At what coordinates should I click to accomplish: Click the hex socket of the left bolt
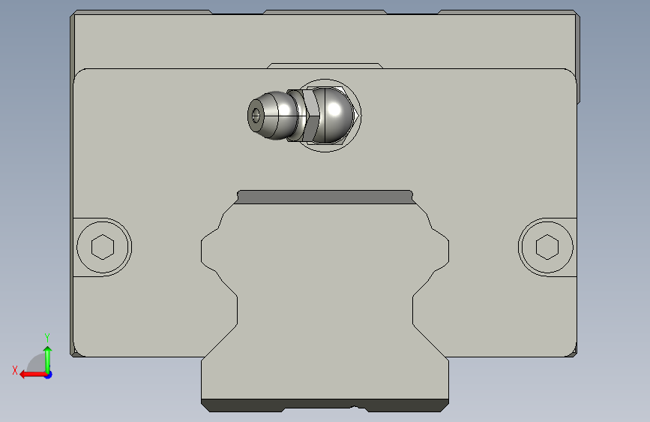pyautogui.click(x=103, y=247)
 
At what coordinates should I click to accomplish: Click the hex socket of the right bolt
pyautogui.click(x=547, y=247)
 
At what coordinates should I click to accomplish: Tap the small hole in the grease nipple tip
pyautogui.click(x=256, y=116)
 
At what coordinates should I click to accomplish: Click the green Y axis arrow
pyautogui.click(x=48, y=360)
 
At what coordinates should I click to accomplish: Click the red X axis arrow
pyautogui.click(x=33, y=375)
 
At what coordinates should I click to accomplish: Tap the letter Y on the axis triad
pyautogui.click(x=47, y=337)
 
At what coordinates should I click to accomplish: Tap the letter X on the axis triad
pyautogui.click(x=15, y=370)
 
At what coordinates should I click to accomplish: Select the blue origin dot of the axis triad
pyautogui.click(x=49, y=375)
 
